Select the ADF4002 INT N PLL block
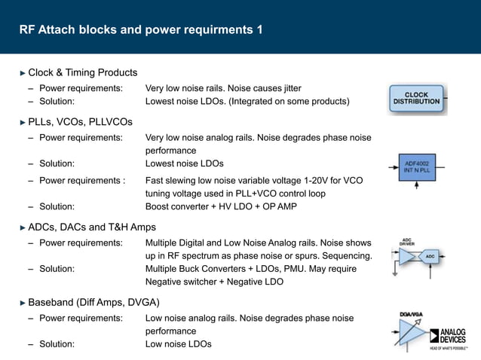point(417,166)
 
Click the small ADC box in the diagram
point(430,257)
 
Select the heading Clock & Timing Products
point(82,72)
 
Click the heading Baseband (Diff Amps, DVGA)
point(93,303)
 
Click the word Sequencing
point(343,256)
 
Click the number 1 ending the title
point(259,30)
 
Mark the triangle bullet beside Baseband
point(23,303)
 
